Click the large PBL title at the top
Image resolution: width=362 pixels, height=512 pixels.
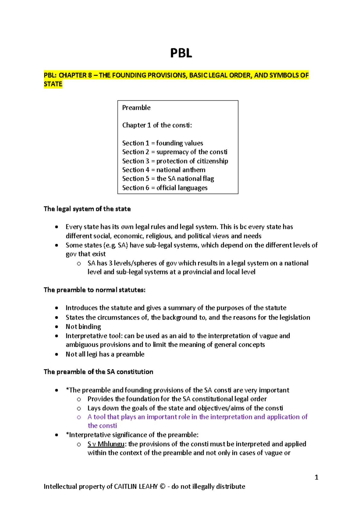181,53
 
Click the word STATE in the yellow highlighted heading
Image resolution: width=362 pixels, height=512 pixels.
53,84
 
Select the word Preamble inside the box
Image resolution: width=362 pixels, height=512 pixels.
136,108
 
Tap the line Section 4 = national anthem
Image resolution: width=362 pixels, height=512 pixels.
164,170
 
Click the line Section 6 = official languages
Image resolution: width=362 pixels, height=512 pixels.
165,188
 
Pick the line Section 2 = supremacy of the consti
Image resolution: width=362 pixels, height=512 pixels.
175,152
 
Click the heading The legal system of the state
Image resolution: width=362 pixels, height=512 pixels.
87,209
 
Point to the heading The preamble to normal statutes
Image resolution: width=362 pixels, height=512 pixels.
94,290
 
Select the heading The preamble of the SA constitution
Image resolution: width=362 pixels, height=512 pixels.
98,372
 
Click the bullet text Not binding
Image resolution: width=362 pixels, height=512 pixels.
83,327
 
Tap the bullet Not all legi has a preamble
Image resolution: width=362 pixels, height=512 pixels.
105,354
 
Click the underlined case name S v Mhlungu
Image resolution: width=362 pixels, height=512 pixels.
106,444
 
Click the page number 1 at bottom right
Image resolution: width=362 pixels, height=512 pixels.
316,477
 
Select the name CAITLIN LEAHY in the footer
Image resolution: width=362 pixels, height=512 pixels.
136,486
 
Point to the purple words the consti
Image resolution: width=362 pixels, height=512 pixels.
102,426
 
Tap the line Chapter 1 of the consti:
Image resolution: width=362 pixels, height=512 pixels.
157,125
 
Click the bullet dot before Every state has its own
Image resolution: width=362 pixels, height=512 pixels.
56,227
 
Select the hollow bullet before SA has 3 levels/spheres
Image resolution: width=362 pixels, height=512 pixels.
79,264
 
